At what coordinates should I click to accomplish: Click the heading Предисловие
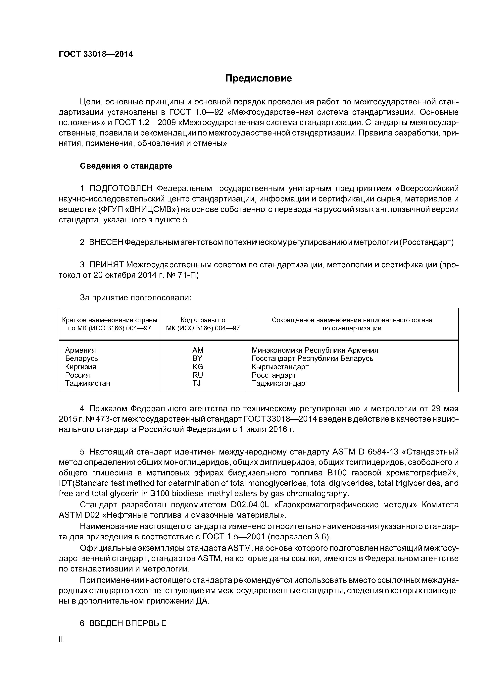tap(258, 79)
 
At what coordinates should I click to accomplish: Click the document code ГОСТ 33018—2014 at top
tap(96, 54)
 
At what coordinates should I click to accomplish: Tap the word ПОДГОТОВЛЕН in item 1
tap(121, 189)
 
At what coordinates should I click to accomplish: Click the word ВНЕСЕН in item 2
tap(106, 242)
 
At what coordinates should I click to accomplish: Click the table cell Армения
tap(80, 350)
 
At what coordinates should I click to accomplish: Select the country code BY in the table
tap(198, 358)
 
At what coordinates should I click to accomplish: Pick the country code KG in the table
tap(198, 367)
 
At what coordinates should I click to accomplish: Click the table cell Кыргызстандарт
tap(280, 367)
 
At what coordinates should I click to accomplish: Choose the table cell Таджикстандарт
tap(280, 383)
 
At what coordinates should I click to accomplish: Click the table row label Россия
tap(77, 375)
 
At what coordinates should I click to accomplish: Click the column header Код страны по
tap(203, 320)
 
